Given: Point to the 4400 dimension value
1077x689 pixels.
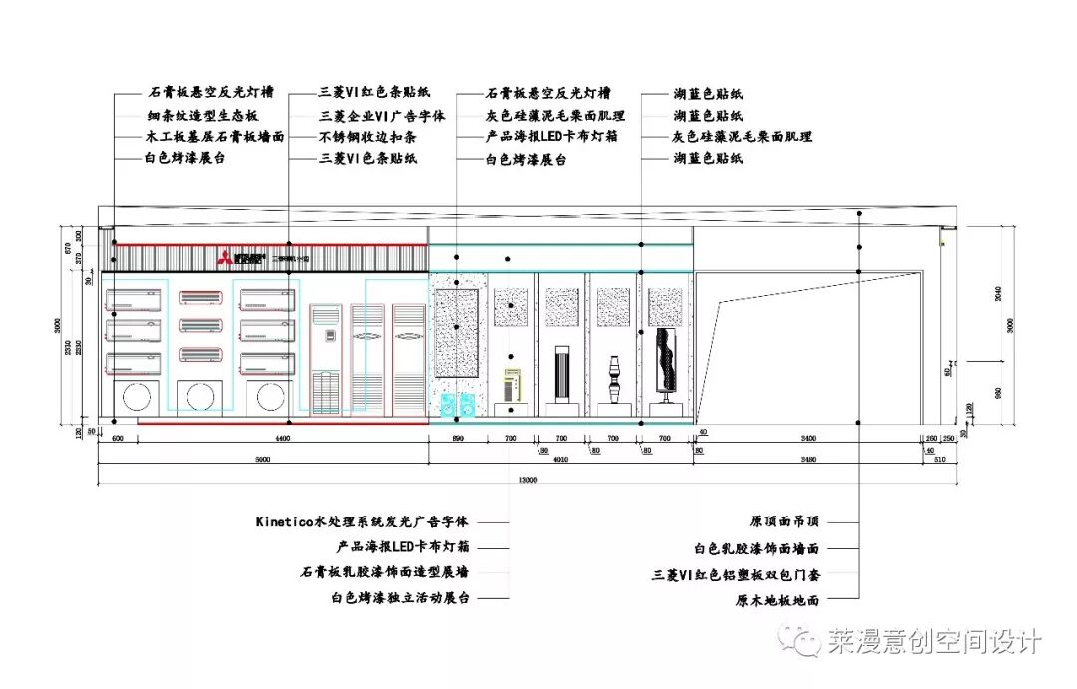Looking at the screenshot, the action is (282, 438).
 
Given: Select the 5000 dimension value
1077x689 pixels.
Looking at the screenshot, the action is (262, 459).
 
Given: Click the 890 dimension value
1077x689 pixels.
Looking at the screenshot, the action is (459, 438).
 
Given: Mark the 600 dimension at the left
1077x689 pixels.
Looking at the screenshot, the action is (117, 438).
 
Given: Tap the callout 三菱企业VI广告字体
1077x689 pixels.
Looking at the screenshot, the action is (382, 116).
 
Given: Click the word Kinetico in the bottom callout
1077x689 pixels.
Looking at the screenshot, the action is (284, 521).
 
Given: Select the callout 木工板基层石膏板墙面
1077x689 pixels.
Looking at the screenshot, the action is (214, 137).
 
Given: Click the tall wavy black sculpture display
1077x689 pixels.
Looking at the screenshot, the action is (663, 364).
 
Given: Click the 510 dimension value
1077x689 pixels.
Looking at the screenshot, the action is (939, 459).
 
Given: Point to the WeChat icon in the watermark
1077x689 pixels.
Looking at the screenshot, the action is (802, 639).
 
